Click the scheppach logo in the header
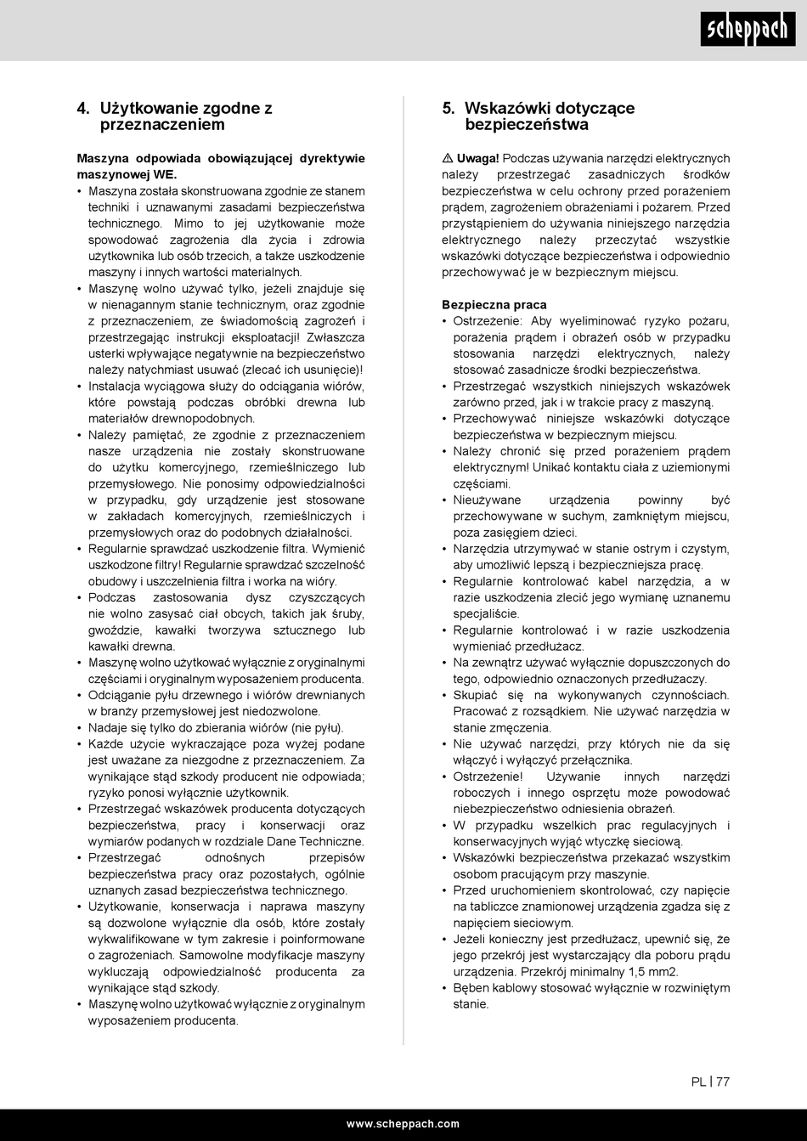[747, 30]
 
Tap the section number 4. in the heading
[83, 109]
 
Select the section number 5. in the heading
[449, 109]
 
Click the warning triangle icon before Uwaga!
[448, 159]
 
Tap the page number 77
[723, 1082]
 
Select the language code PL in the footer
[698, 1082]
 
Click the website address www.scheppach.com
[403, 1123]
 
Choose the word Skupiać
[476, 695]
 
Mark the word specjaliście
[486, 613]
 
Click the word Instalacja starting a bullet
[116, 387]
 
